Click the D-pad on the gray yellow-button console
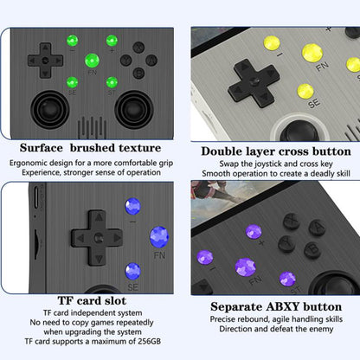click(250, 85)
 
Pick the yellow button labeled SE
click(305, 90)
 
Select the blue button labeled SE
click(132, 270)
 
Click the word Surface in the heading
click(50, 148)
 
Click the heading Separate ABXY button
click(274, 306)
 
